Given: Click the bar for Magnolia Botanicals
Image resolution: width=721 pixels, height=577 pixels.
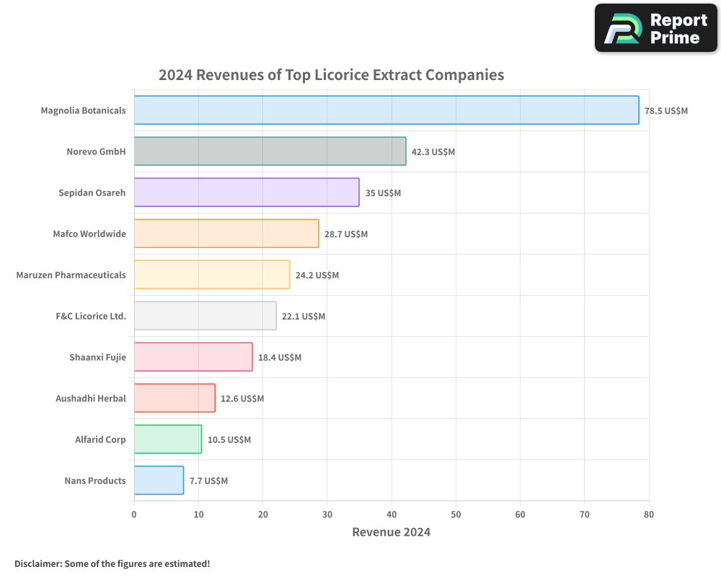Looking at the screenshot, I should pos(386,110).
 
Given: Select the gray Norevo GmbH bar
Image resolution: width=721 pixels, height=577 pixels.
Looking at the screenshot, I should pos(270,151).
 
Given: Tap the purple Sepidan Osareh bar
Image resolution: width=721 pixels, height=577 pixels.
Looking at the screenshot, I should pos(247,193).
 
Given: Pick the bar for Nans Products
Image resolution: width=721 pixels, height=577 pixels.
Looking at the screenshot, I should pos(159,480).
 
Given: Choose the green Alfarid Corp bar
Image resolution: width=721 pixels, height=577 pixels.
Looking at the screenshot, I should pos(168,439).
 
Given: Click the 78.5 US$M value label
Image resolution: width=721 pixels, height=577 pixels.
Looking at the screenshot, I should pos(666,111).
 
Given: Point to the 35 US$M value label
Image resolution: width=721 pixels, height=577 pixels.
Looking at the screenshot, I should pos(383,193).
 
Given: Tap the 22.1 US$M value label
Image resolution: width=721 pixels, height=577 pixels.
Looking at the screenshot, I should pos(304,317).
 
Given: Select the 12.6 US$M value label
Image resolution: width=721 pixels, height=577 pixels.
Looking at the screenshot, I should pos(242,399).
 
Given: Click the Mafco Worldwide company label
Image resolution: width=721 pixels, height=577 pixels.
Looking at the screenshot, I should pos(89,234).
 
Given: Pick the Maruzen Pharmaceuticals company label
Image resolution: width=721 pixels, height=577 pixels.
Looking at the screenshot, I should pos(71,276).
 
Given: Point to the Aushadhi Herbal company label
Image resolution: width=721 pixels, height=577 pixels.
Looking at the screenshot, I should pos(91,399).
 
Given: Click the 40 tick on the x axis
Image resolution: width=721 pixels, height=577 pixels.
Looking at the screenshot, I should pos(392,514).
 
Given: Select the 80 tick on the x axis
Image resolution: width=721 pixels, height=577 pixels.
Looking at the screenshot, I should pos(649,514).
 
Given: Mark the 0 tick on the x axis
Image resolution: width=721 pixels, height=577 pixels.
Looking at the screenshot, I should pos(134,514).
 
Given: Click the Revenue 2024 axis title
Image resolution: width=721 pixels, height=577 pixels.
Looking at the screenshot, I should pos(392,532).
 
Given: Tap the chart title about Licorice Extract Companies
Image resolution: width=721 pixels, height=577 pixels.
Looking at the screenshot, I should pos(331,75).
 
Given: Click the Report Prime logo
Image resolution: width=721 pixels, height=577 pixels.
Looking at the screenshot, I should pos(656,28).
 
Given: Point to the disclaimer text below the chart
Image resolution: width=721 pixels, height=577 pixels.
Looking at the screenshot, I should pos(112,563).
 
